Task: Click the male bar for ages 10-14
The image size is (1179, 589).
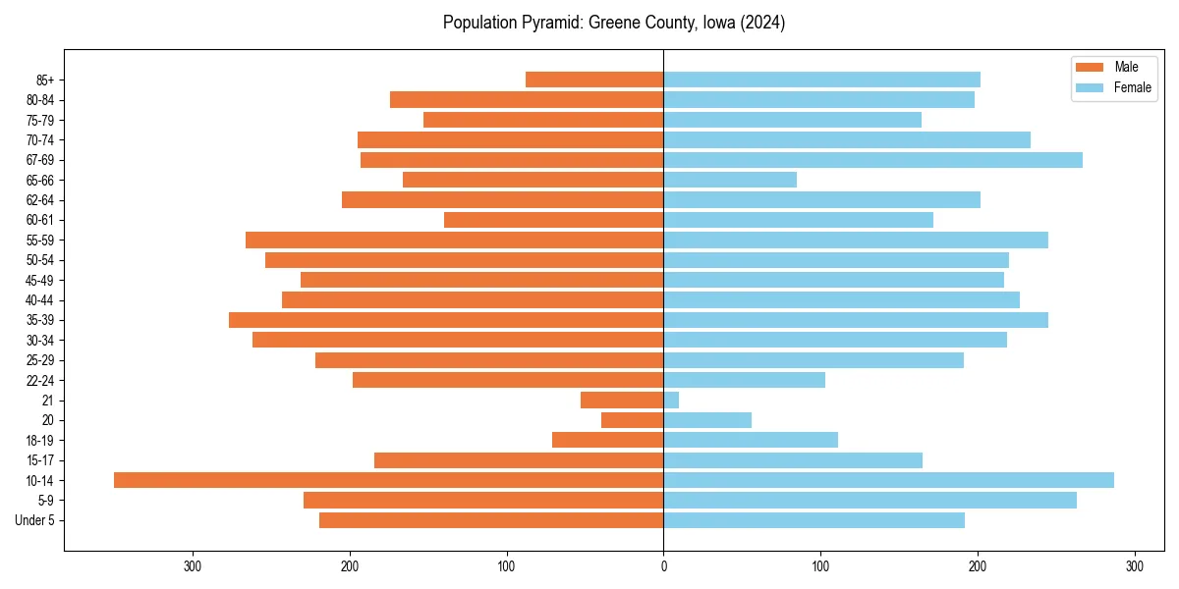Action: [388, 480]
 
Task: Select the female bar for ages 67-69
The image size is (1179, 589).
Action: [872, 160]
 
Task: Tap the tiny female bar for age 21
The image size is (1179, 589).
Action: [671, 401]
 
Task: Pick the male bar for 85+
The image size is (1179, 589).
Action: [594, 80]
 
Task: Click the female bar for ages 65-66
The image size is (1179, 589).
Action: [730, 180]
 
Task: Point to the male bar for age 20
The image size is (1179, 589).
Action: [633, 420]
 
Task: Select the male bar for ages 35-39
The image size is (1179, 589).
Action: [446, 320]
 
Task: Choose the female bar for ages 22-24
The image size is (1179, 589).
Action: [744, 380]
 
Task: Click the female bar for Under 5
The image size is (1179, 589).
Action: [814, 520]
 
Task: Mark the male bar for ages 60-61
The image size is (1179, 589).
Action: [553, 220]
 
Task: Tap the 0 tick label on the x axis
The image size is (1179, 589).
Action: [663, 566]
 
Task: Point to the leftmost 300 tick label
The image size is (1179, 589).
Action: [193, 566]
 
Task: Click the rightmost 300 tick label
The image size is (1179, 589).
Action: [1134, 566]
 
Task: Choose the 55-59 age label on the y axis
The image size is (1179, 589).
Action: [40, 240]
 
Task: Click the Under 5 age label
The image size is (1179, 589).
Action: [34, 520]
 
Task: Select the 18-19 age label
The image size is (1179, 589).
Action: [40, 441]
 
